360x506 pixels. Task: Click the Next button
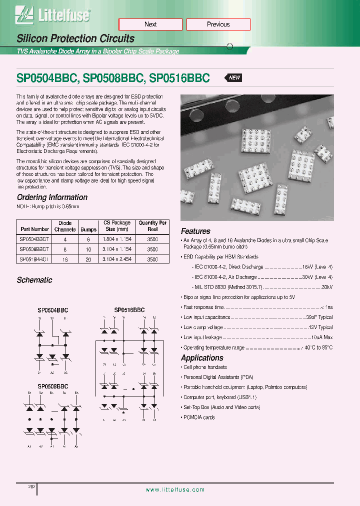coord(150,24)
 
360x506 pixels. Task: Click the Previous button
coord(218,24)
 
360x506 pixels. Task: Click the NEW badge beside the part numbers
coord(234,78)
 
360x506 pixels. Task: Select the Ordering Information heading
coord(52,197)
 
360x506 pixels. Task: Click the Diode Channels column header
coord(65,226)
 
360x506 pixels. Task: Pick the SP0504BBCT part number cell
coord(34,239)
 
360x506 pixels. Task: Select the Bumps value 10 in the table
coord(85,249)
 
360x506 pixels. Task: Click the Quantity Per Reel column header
coord(152,226)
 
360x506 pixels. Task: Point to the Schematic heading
coord(34,280)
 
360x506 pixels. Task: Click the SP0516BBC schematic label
coord(129,310)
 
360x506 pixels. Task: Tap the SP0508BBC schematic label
coord(52,386)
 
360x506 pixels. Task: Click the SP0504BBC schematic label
coord(52,310)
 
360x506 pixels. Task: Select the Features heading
coord(195,231)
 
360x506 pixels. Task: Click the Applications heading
coord(202,358)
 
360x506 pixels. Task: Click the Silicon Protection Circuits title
coord(75,38)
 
